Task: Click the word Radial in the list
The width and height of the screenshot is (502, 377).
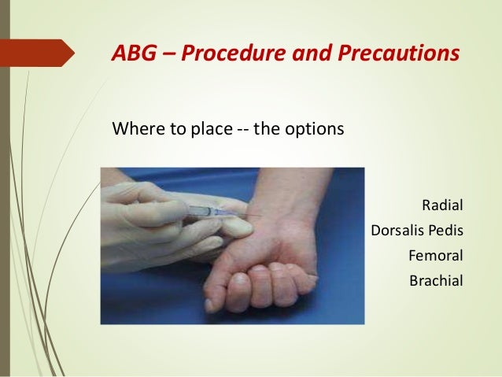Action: pyautogui.click(x=443, y=207)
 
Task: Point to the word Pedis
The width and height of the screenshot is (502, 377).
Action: pyautogui.click(x=445, y=231)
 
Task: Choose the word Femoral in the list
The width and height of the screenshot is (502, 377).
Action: pyautogui.click(x=436, y=256)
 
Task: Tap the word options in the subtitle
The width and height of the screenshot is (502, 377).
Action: pyautogui.click(x=315, y=128)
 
